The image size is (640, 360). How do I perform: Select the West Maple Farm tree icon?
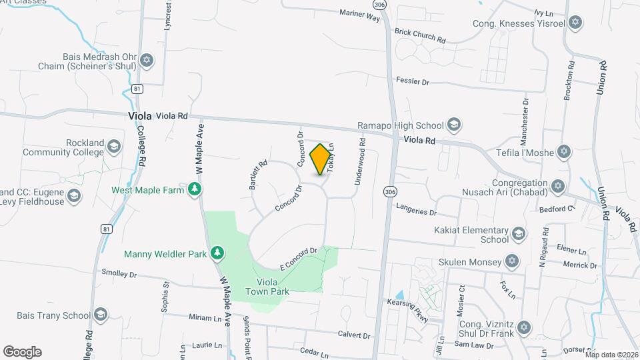click(x=195, y=190)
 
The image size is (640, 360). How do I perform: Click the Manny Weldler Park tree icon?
click(x=217, y=253)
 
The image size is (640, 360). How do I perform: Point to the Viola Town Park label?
click(x=267, y=287)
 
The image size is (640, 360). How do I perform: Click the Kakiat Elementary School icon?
click(x=519, y=234)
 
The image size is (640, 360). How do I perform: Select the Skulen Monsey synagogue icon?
click(x=512, y=260)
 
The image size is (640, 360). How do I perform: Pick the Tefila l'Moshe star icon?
click(x=565, y=152)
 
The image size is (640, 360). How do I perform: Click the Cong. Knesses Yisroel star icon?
click(x=575, y=23)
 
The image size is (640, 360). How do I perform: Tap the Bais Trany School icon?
click(x=101, y=315)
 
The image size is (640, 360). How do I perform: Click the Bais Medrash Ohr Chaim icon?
click(x=147, y=62)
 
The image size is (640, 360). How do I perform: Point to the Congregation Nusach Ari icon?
click(x=558, y=186)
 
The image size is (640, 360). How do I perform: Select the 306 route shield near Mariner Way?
click(x=379, y=5)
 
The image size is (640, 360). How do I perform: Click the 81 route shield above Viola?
click(x=137, y=88)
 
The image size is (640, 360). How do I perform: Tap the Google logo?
click(x=22, y=351)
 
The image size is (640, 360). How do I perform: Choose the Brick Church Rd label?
click(x=420, y=36)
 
